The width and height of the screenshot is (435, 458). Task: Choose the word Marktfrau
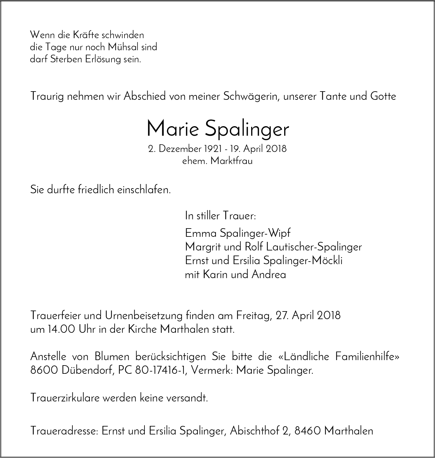point(231,161)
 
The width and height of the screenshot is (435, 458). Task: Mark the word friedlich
point(97,190)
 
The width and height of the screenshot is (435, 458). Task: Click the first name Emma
point(197,233)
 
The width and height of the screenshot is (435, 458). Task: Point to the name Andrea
point(269,274)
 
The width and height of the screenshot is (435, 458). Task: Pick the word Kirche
point(143,329)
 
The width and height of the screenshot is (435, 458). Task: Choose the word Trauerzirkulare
point(65,398)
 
